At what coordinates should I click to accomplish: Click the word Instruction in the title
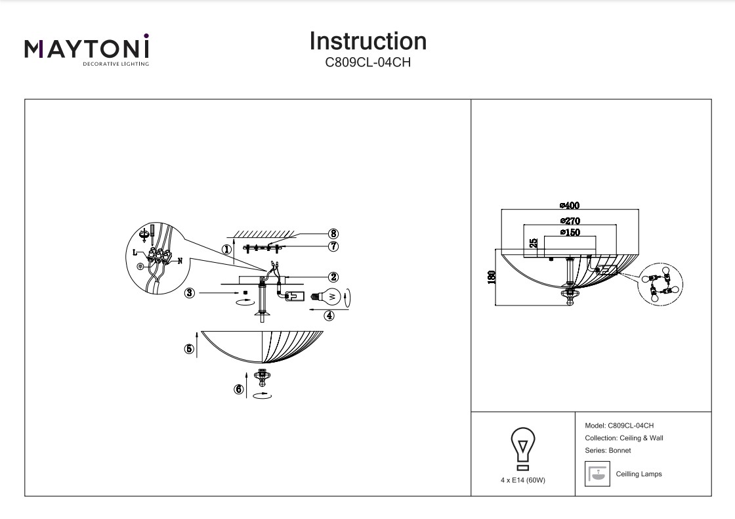pos(367,41)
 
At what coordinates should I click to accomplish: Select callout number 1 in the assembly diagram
pos(226,250)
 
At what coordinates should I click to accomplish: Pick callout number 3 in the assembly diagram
pos(190,293)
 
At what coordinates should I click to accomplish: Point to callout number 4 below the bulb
pos(329,315)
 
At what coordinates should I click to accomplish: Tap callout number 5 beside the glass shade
pos(189,350)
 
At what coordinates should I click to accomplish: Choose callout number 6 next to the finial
pos(238,389)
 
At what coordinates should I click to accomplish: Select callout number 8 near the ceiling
pos(333,233)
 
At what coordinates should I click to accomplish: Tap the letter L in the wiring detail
pos(135,252)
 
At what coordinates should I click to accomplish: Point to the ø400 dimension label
pos(570,206)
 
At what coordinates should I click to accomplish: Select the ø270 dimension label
pos(570,221)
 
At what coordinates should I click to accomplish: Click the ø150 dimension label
pos(570,232)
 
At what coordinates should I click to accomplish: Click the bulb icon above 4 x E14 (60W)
pos(522,448)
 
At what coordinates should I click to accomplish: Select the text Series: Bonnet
pos(607,451)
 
